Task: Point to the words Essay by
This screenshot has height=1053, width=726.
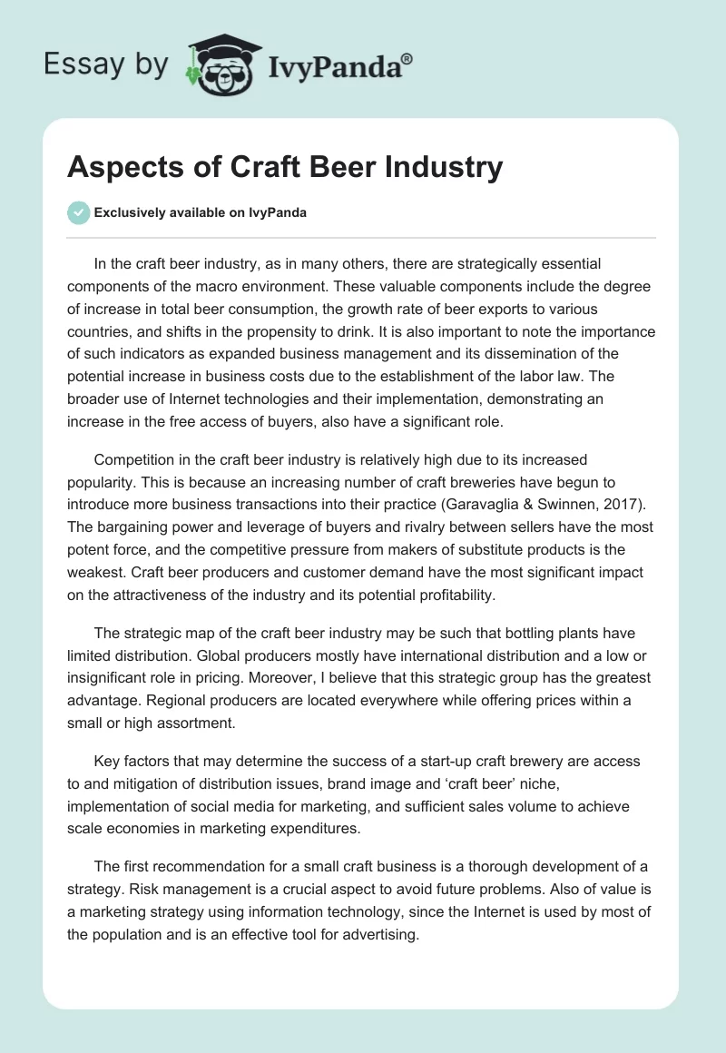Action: click(x=104, y=64)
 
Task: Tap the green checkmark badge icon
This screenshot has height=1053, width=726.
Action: click(x=78, y=212)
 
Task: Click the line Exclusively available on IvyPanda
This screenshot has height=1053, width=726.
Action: click(x=200, y=213)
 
